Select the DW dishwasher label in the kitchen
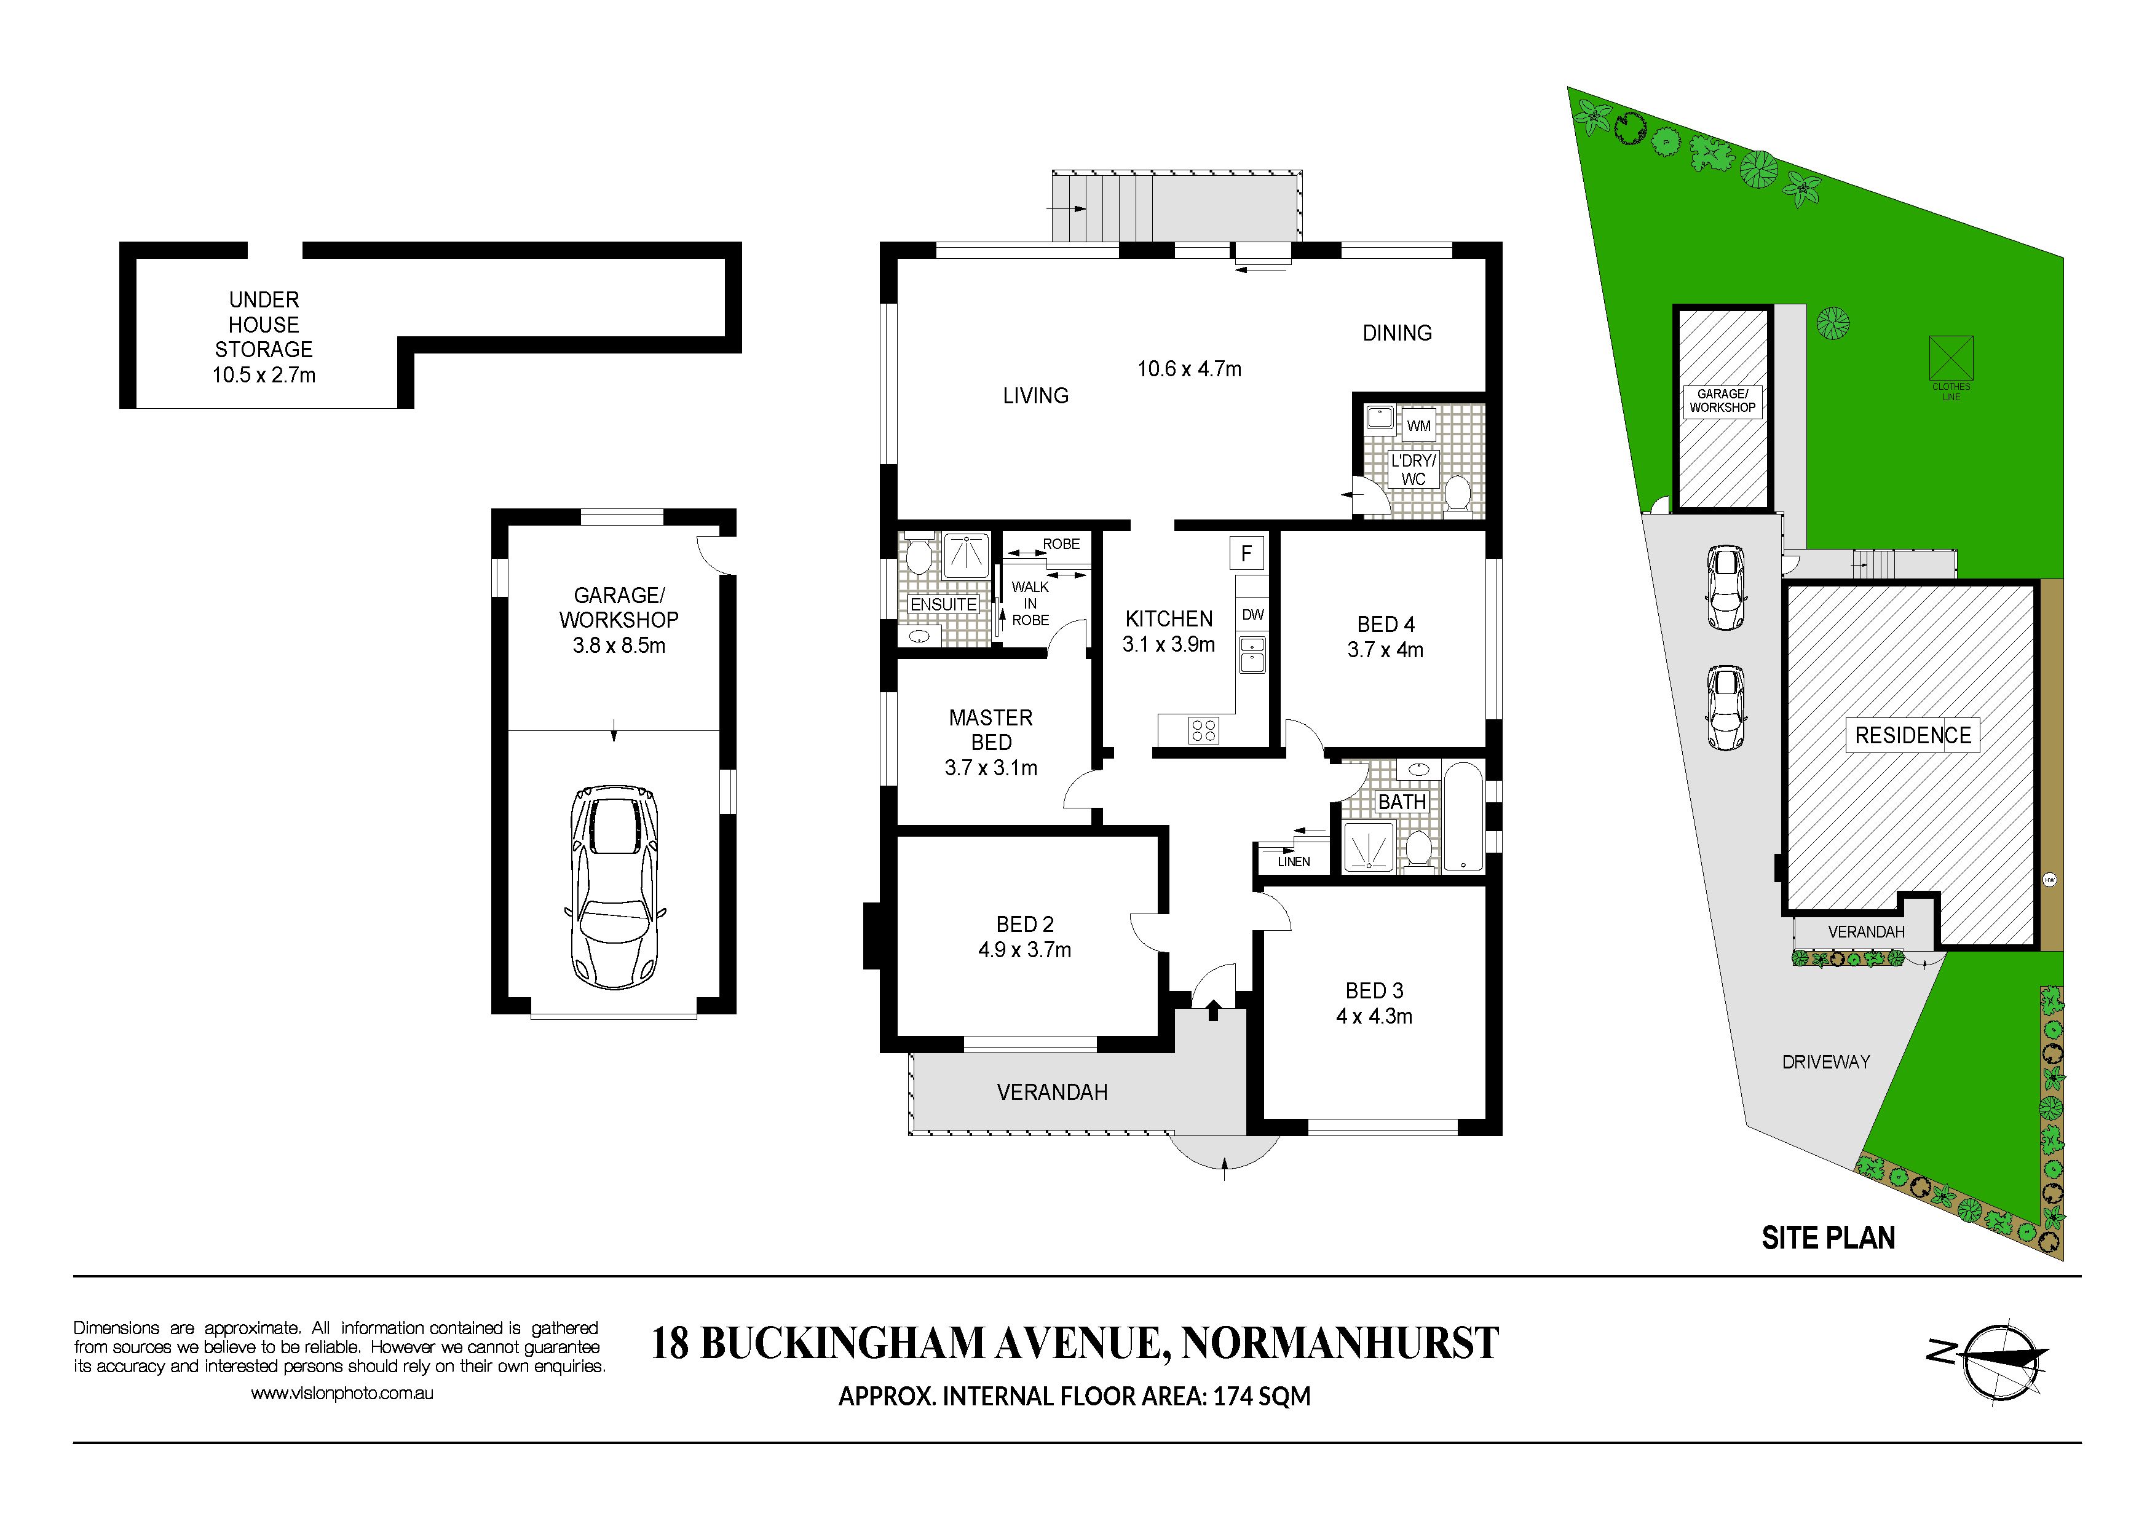(1253, 615)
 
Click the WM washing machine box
(1418, 425)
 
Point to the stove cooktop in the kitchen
(1203, 729)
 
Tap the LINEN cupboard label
(1294, 861)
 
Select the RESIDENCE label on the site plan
(1913, 735)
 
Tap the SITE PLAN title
(1829, 1238)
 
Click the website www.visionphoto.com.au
(342, 1394)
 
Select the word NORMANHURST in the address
(1340, 1343)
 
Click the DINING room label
(1397, 333)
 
